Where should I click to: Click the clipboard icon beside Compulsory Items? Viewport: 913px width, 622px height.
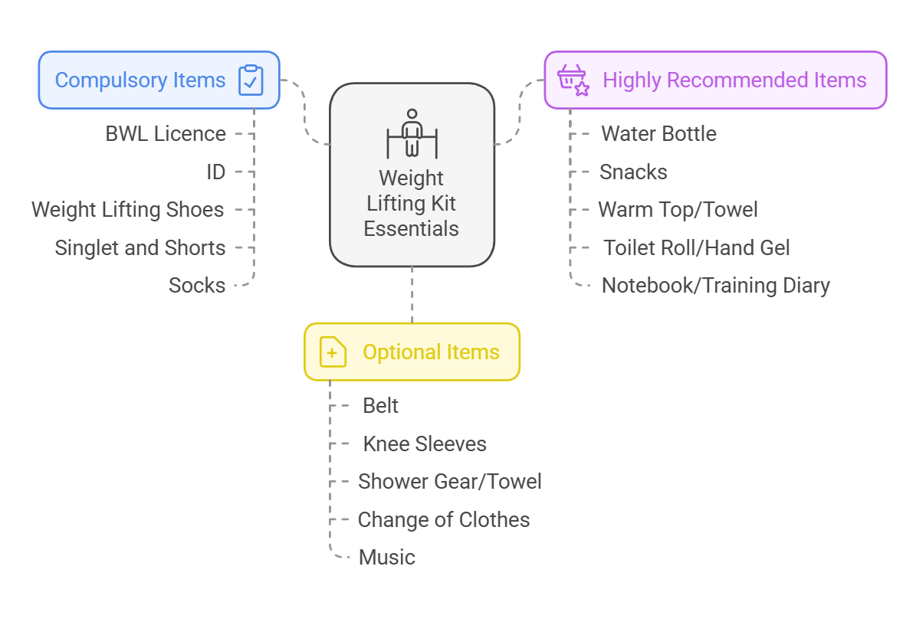[x=251, y=80]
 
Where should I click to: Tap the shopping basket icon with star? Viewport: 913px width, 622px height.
[x=573, y=80]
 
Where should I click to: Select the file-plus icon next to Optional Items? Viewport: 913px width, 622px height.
[x=333, y=352]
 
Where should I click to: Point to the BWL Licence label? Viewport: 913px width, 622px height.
[x=166, y=134]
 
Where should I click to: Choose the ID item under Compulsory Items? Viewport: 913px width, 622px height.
[x=216, y=172]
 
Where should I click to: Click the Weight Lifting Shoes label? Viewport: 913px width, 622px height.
[x=128, y=210]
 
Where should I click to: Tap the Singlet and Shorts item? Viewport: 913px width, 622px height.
[x=140, y=248]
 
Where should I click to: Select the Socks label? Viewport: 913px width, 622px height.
[x=197, y=286]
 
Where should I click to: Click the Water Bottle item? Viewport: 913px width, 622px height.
[x=658, y=134]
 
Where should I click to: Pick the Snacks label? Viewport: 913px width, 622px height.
[x=633, y=172]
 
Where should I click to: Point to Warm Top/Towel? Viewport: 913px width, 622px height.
[x=678, y=210]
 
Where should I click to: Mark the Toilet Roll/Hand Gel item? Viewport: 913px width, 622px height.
[x=696, y=248]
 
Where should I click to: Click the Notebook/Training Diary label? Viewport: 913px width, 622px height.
[x=715, y=286]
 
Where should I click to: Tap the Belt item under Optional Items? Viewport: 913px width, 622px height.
[x=380, y=406]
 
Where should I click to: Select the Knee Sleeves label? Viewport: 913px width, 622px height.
[x=425, y=444]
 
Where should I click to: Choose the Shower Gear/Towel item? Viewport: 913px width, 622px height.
[x=450, y=482]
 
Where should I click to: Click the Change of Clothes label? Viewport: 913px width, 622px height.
[x=444, y=520]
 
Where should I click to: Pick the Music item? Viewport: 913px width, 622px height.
[x=387, y=558]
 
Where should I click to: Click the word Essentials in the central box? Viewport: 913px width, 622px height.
[x=412, y=228]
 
